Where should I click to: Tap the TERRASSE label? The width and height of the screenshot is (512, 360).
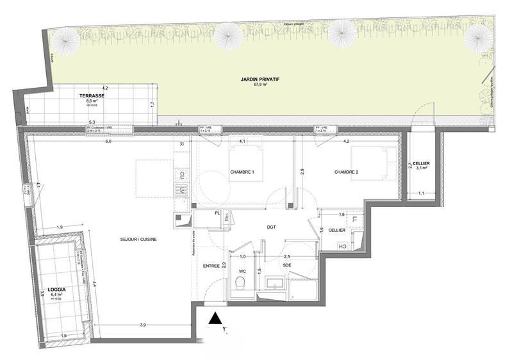(95, 95)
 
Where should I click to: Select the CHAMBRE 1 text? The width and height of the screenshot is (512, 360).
(243, 172)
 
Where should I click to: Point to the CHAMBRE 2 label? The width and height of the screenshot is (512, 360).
(346, 172)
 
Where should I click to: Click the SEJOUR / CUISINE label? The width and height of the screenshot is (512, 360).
(138, 239)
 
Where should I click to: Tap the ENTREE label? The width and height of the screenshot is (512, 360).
(211, 265)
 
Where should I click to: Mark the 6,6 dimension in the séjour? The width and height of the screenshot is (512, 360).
(108, 141)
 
